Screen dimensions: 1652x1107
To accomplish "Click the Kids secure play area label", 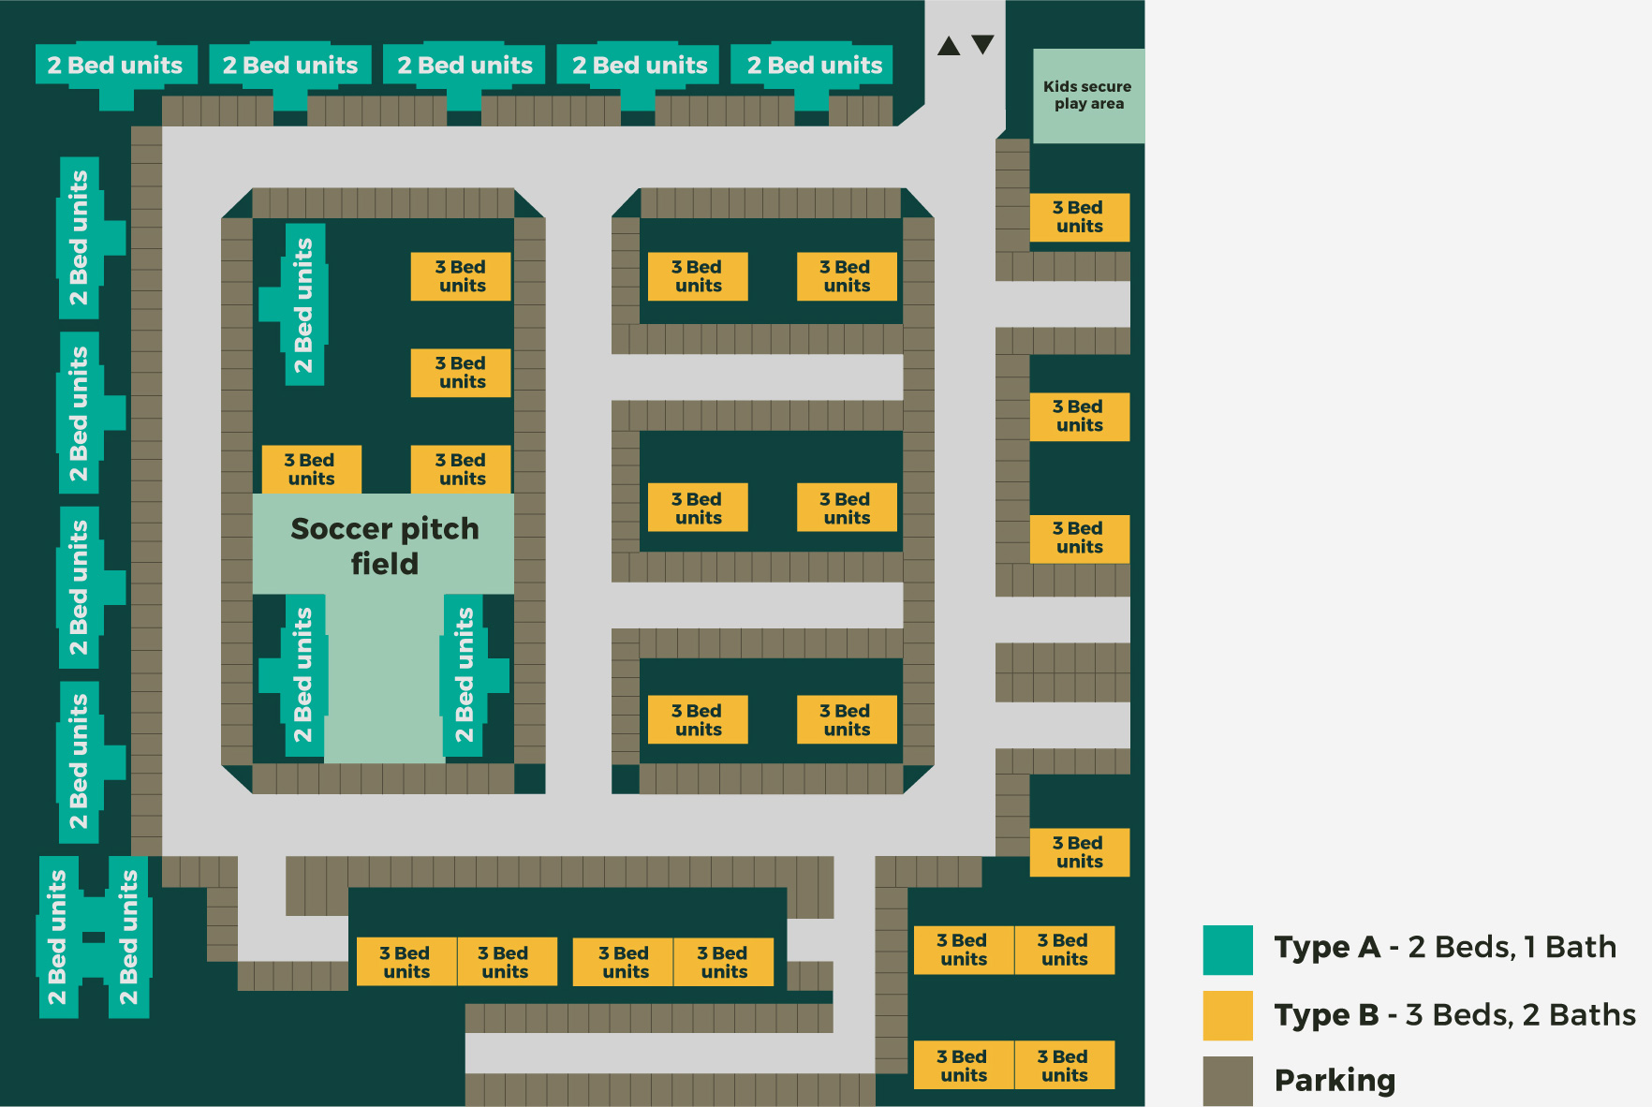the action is pyautogui.click(x=1087, y=95).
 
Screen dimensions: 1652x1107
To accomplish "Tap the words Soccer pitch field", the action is pyautogui.click(x=385, y=545).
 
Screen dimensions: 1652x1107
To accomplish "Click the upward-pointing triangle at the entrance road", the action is pyautogui.click(x=949, y=45).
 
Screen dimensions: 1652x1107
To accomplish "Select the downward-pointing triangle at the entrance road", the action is pyautogui.click(x=982, y=44).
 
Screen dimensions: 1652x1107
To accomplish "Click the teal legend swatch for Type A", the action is pyautogui.click(x=1228, y=950).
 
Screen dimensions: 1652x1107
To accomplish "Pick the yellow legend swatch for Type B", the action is pyautogui.click(x=1228, y=1015).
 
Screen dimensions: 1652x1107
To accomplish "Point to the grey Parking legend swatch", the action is pyautogui.click(x=1228, y=1081).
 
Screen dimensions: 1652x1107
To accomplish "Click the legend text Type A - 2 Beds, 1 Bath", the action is pyautogui.click(x=1445, y=948).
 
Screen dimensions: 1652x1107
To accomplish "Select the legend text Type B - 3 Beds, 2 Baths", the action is pyautogui.click(x=1455, y=1015).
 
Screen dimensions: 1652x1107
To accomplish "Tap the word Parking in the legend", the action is pyautogui.click(x=1335, y=1081).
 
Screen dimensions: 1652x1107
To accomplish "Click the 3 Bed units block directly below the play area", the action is pyautogui.click(x=1080, y=217).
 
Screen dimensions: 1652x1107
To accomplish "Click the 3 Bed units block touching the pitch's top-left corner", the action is pyautogui.click(x=311, y=469).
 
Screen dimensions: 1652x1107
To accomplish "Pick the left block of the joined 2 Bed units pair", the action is pyautogui.click(x=59, y=937).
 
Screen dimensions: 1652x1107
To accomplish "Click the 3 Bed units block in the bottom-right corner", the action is pyautogui.click(x=1064, y=1065).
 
